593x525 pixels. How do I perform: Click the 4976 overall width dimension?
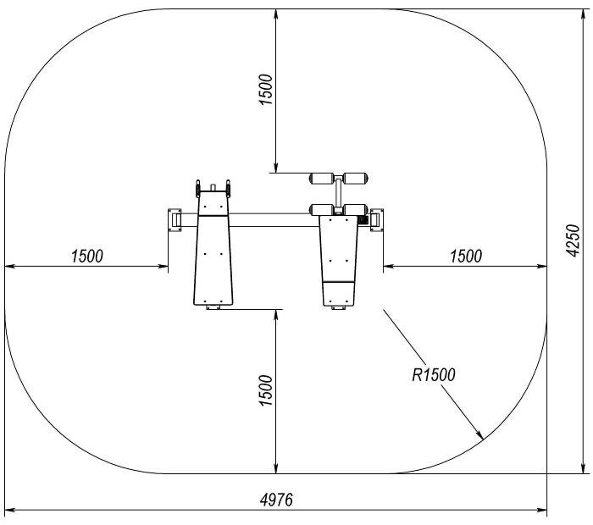(276, 500)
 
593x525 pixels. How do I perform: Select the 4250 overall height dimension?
(574, 240)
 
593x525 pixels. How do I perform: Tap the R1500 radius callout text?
(434, 374)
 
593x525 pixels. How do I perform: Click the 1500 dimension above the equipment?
(265, 90)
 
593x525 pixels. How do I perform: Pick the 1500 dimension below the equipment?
(265, 390)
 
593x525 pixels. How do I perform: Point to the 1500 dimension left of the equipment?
(87, 257)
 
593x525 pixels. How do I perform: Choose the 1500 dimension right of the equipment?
(466, 257)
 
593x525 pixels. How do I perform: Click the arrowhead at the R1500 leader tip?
(479, 435)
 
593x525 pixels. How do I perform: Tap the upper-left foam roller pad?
(321, 179)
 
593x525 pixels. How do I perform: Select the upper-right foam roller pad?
(356, 179)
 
